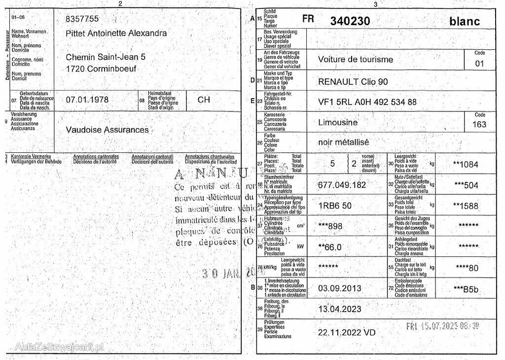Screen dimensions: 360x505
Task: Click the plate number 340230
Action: (350, 21)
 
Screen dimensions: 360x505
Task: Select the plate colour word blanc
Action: (464, 21)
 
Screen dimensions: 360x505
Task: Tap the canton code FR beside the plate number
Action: (308, 19)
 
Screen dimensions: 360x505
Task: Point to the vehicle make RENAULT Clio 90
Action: (353, 81)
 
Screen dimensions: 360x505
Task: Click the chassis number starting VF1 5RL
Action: (367, 102)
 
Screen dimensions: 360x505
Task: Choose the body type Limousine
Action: (338, 122)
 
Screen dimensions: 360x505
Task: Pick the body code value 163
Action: (479, 124)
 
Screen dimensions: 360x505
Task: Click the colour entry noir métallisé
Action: (343, 142)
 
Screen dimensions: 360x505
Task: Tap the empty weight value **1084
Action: (466, 164)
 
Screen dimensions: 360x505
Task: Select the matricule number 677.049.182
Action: (342, 185)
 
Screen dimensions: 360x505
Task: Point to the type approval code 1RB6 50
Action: (335, 206)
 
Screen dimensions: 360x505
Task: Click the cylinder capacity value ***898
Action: (330, 226)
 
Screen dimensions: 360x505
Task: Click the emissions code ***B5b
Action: (466, 289)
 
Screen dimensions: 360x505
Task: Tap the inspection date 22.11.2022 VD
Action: (346, 332)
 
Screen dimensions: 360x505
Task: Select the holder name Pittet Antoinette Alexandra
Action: (116, 33)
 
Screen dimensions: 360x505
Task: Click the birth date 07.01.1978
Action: (87, 100)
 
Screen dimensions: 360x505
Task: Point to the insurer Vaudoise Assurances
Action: (107, 130)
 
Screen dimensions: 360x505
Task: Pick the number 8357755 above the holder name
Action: (82, 19)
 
